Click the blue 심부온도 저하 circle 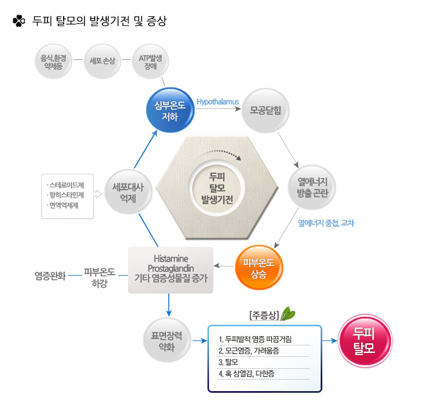coord(170,111)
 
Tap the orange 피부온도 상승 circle coord(259,267)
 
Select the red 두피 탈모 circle coord(365,340)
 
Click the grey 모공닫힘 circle coord(265,111)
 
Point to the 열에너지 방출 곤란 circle coord(312,187)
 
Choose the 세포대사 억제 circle coord(128,192)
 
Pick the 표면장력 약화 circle coord(167,340)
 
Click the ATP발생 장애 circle coord(150,62)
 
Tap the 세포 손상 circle coord(102,62)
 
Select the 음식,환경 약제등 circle coord(53,62)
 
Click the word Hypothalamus coord(218,102)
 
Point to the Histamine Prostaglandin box coord(170,270)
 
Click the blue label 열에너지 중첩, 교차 coord(326,223)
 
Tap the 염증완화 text coord(50,276)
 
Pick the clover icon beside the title coord(19,21)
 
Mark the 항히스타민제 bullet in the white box coord(65,195)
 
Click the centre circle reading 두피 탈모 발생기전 coord(217,188)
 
